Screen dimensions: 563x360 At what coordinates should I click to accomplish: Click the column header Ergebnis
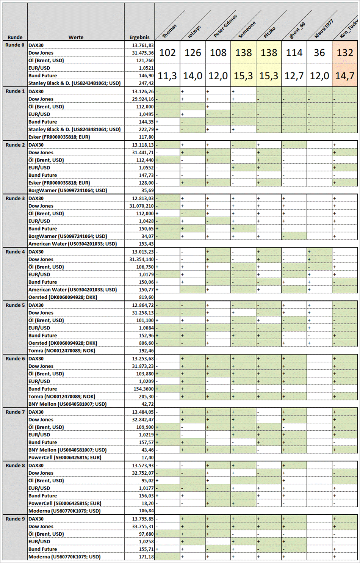click(x=139, y=37)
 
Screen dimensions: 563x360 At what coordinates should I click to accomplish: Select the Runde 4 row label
click(x=15, y=252)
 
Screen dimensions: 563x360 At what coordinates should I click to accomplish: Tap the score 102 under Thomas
click(x=167, y=53)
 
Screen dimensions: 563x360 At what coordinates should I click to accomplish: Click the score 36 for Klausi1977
click(x=319, y=53)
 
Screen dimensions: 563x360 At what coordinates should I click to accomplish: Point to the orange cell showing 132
click(x=344, y=53)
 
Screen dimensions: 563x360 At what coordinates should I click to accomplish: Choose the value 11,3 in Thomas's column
click(x=167, y=76)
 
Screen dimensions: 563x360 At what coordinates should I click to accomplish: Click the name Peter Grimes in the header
click(x=225, y=26)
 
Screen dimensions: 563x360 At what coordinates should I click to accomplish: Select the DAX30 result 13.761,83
click(x=142, y=45)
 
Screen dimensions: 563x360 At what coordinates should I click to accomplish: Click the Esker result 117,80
click(x=146, y=137)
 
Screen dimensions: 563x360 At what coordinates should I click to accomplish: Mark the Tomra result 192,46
click(x=146, y=351)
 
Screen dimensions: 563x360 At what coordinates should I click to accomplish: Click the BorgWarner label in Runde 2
click(x=67, y=190)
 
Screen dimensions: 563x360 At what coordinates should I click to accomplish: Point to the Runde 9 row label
click(x=15, y=519)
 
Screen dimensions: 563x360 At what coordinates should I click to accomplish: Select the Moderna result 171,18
click(x=146, y=557)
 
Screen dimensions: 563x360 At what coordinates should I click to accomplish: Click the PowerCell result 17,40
click(x=147, y=457)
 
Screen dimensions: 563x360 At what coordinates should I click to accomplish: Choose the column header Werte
click(x=76, y=37)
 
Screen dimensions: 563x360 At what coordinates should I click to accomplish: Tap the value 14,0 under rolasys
click(x=193, y=76)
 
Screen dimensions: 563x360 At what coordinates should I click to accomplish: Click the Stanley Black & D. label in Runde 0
click(x=74, y=83)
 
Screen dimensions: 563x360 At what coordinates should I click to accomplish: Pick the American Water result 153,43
click(x=146, y=244)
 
